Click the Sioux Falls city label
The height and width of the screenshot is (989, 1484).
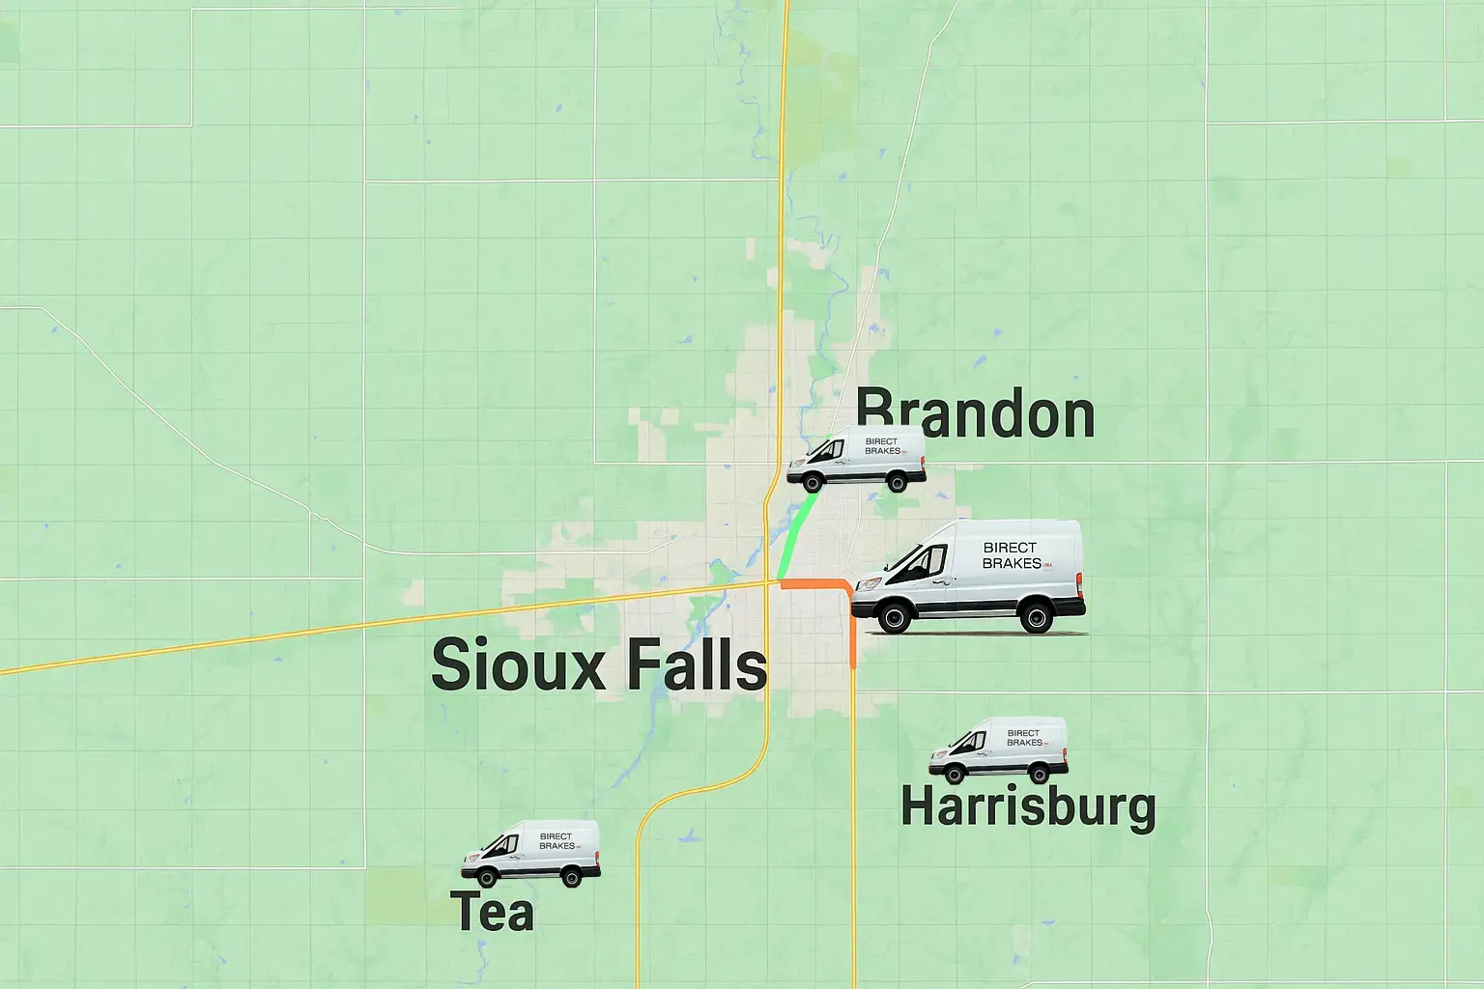tap(599, 664)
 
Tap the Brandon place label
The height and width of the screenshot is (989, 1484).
tap(976, 414)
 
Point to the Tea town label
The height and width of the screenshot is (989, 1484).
tap(492, 912)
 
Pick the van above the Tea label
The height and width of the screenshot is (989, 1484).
tap(530, 853)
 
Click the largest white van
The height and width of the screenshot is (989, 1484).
tap(968, 576)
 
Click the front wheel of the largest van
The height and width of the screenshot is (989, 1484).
tap(893, 616)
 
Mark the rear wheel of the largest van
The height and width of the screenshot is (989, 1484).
tap(1037, 615)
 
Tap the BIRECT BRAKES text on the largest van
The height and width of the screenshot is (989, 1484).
tap(1012, 555)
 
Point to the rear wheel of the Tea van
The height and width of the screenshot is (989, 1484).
tap(572, 877)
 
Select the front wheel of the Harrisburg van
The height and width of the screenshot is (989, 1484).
tap(955, 773)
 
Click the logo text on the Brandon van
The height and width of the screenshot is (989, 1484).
tap(881, 446)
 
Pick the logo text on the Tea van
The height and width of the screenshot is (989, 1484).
tap(556, 841)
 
